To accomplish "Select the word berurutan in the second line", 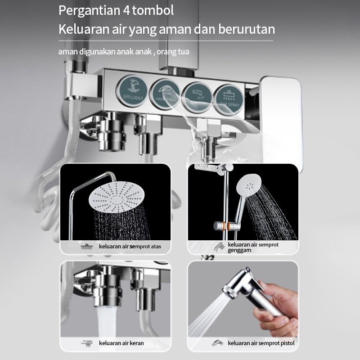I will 247,29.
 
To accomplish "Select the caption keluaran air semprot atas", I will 130,247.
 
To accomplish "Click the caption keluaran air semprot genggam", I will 253,247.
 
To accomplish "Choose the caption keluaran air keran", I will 121,343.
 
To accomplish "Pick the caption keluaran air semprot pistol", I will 261,343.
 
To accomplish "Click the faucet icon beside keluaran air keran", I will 86,343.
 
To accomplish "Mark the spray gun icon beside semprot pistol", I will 217,343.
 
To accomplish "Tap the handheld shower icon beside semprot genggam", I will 219,247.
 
